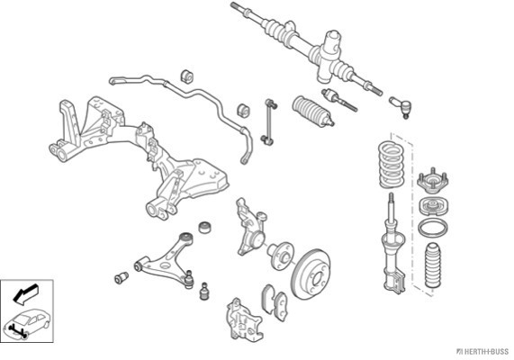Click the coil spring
391,165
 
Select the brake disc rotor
311,274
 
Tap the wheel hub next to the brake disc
280,255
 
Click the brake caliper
245,319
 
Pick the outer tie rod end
401,106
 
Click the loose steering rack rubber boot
312,111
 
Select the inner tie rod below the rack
338,99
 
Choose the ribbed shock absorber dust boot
433,265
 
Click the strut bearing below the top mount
433,206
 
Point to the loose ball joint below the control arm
204,291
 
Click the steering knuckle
251,227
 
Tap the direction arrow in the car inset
25,293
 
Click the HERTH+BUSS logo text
482,352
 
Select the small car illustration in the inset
28,322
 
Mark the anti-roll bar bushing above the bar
187,76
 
